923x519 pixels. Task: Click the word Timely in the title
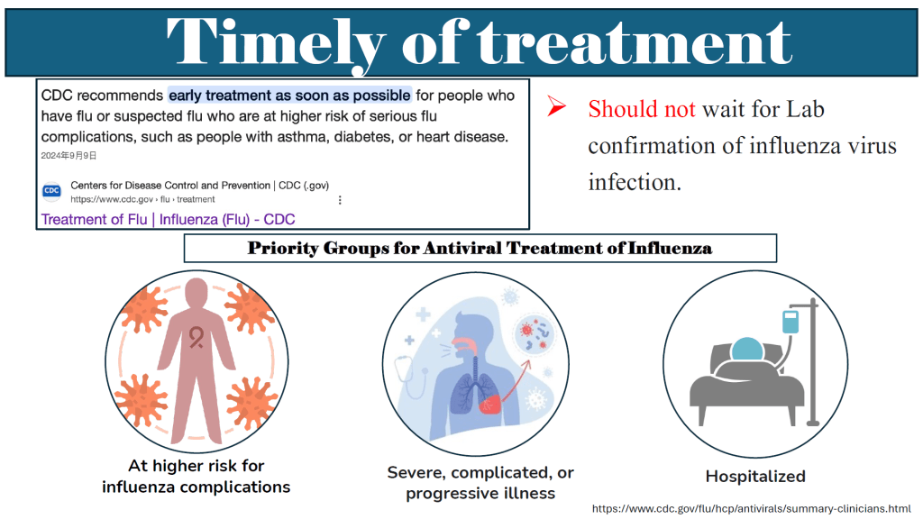275,42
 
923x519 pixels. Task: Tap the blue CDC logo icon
51,191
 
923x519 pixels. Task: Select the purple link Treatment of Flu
94,220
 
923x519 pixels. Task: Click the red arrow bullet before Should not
556,106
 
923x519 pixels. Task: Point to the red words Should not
642,109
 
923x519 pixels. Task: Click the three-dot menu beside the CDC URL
340,200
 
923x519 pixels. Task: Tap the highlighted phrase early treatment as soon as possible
289,96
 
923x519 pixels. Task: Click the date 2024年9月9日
69,155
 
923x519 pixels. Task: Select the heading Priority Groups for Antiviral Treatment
480,248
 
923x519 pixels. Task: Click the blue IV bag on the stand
790,322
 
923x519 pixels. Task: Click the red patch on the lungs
490,405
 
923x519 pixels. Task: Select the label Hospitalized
755,476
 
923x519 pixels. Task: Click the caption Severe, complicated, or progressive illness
480,483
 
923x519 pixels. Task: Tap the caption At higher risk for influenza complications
196,477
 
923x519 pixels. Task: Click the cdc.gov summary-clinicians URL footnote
751,508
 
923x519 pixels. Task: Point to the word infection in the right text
634,182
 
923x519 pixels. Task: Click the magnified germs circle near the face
534,334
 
